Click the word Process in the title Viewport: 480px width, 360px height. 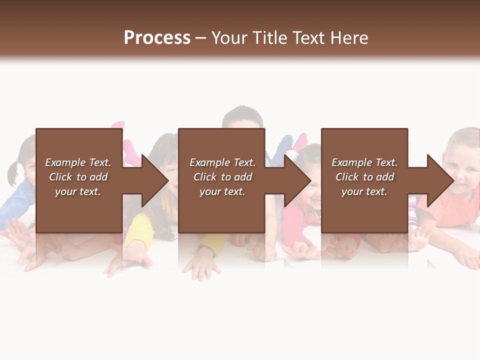(157, 38)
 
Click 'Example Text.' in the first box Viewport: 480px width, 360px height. (78, 162)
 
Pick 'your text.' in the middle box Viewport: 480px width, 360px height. (222, 191)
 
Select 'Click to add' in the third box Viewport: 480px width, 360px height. (364, 177)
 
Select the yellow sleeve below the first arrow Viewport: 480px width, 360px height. (137, 227)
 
